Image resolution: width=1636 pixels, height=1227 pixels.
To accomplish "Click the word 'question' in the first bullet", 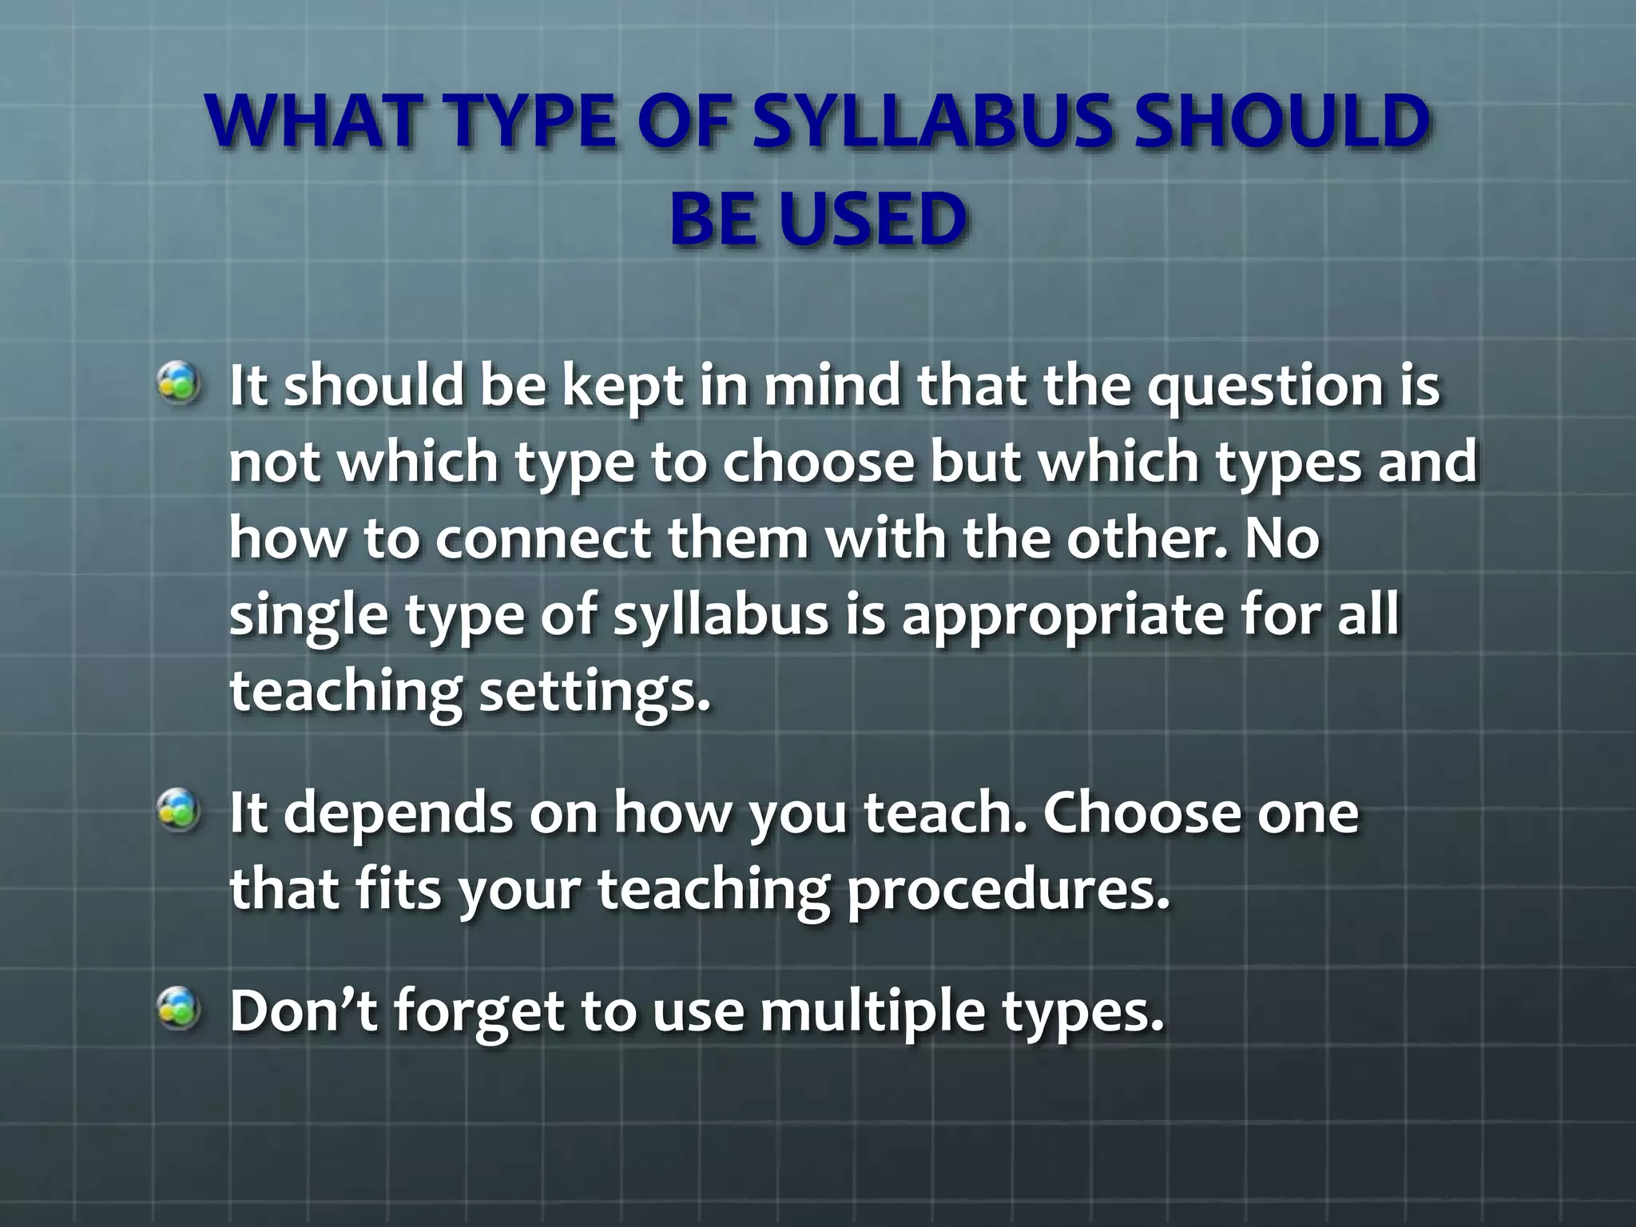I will pos(1265,387).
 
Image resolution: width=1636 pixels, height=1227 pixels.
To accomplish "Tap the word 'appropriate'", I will pos(1062,617).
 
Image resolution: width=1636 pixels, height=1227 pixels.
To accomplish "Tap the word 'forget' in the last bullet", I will pos(480,1011).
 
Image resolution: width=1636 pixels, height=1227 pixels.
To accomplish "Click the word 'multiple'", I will pos(872,1011).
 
